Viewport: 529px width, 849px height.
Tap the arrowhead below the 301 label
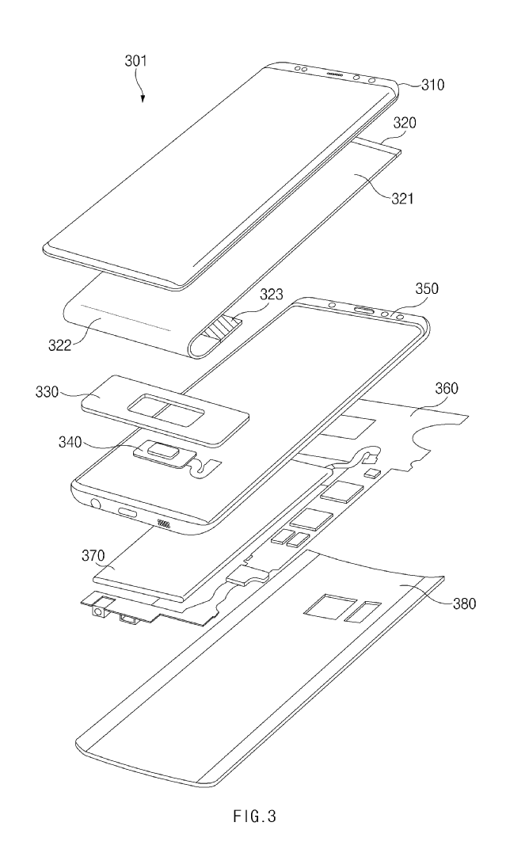click(143, 98)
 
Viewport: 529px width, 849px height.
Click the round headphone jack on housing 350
click(97, 502)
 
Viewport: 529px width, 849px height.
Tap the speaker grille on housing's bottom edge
click(165, 523)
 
